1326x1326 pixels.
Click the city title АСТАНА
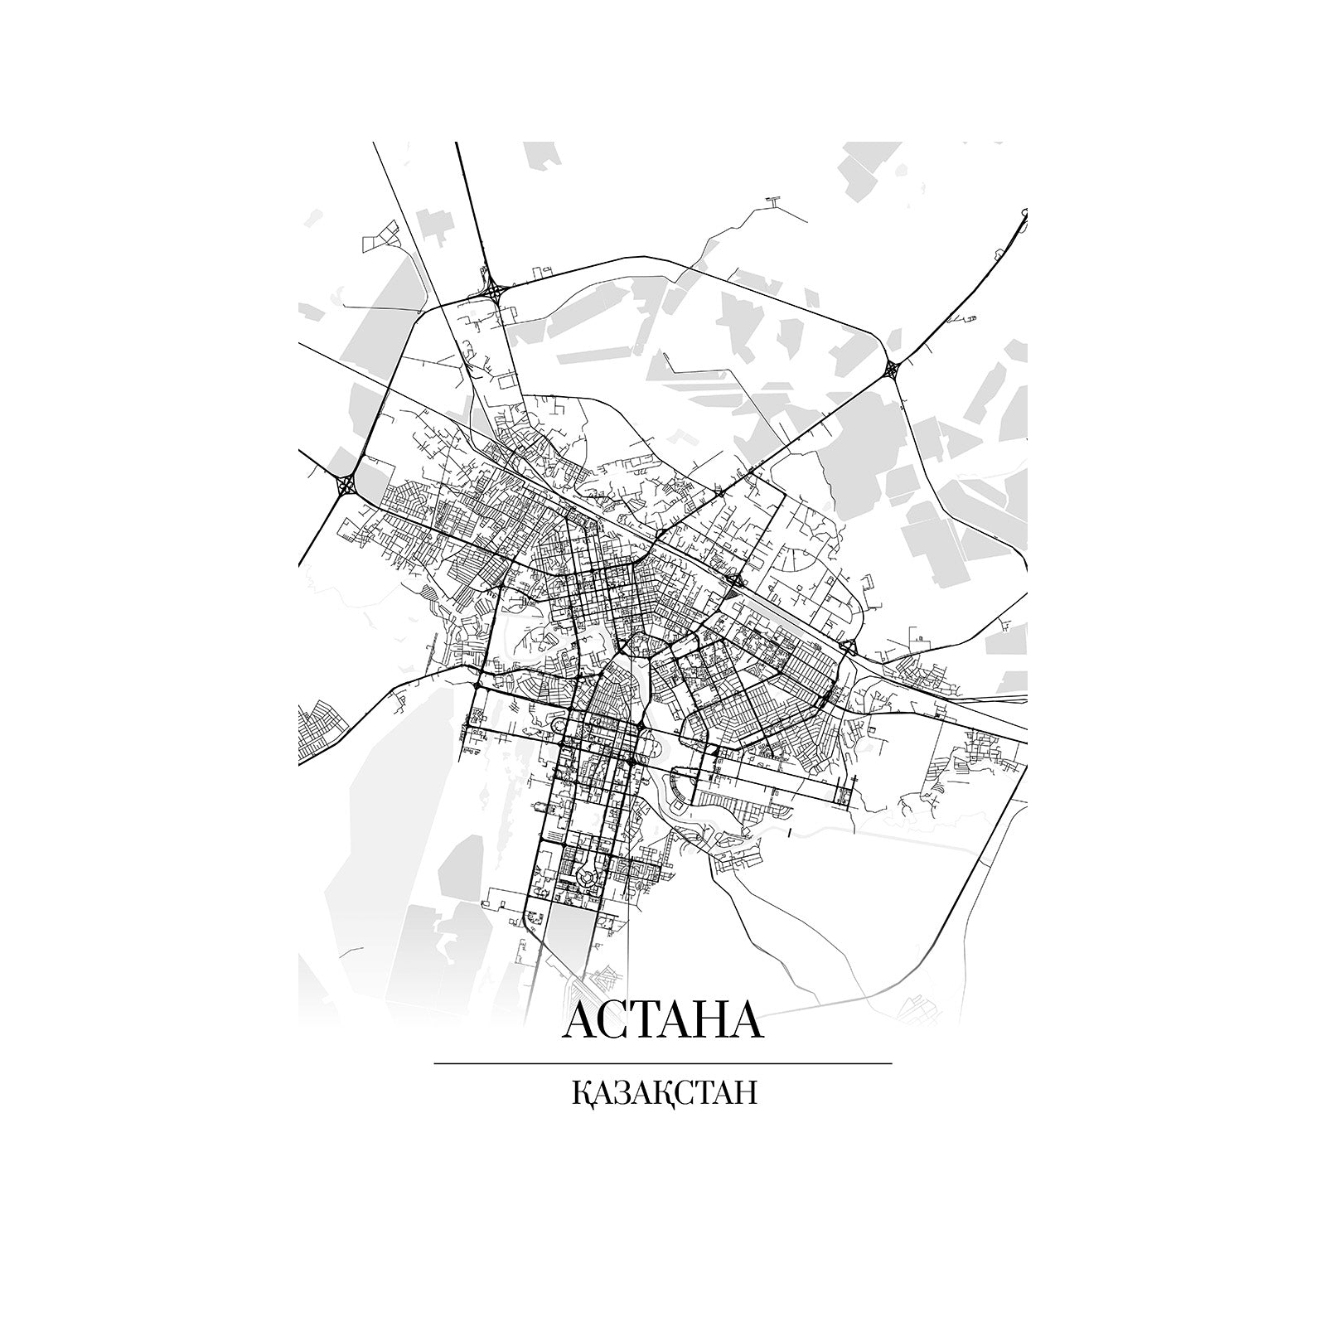[x=662, y=1021]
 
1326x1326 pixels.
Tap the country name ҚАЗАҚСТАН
[x=664, y=1092]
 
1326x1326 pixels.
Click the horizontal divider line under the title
[x=663, y=1062]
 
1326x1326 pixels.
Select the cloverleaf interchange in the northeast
[x=892, y=369]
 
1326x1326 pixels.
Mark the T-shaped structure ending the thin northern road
[x=774, y=200]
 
